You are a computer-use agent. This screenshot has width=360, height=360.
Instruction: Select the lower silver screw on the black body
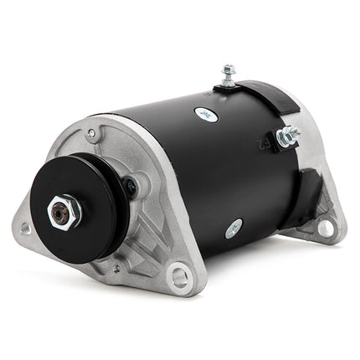coord(234,227)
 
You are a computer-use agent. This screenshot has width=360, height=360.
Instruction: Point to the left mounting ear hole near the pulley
coord(26,228)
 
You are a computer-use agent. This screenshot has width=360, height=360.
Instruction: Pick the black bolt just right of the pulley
coord(131,187)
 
